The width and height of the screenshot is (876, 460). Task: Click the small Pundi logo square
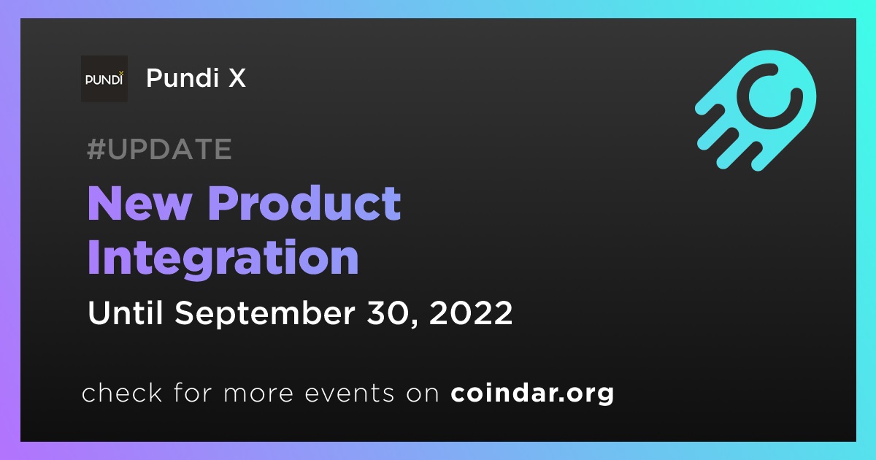coord(104,79)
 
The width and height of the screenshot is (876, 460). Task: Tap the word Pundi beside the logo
coord(182,77)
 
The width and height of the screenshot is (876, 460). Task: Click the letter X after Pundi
coord(237,78)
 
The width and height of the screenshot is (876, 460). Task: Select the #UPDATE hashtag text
coord(159,149)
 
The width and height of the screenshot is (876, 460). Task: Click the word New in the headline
coord(139,204)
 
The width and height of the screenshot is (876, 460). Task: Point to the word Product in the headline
coord(304,203)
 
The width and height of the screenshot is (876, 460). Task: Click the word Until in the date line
coord(125,313)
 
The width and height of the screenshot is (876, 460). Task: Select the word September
coord(265,314)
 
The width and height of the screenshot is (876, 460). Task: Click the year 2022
coord(471,313)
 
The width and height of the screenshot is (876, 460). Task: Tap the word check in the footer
coord(122,392)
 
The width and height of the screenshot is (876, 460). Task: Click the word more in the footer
coord(258,394)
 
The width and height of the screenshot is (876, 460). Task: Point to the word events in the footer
coord(349,394)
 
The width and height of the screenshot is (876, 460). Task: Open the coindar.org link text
coord(532,394)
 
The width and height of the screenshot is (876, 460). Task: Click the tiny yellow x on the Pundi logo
coord(121,73)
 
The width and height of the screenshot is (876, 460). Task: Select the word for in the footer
coord(193,392)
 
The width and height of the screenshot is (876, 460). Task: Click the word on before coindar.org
coord(423,394)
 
